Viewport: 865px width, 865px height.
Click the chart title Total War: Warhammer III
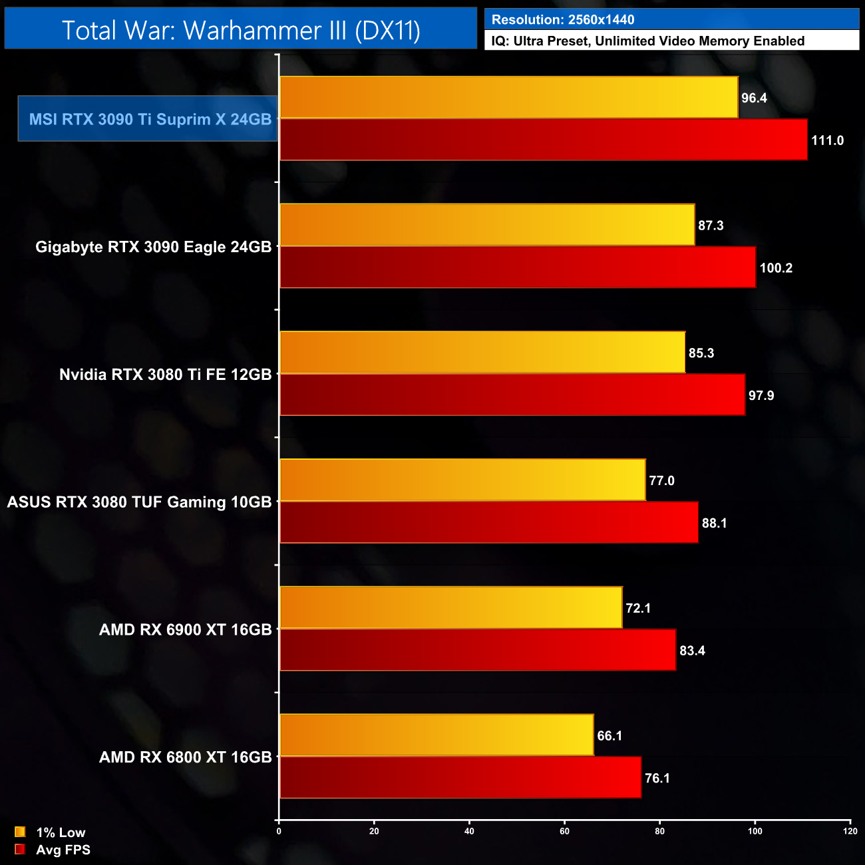click(x=241, y=30)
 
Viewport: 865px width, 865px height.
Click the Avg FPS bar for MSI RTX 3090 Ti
click(x=543, y=140)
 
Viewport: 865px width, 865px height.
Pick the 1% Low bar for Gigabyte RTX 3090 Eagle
click(x=487, y=225)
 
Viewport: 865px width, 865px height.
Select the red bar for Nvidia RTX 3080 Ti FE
click(x=512, y=395)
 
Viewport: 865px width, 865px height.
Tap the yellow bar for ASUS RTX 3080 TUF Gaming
click(x=462, y=480)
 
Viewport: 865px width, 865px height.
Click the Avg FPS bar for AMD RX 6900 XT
click(x=478, y=650)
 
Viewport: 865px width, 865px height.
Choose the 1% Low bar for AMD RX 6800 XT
click(x=436, y=735)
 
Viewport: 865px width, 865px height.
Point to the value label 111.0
click(x=827, y=140)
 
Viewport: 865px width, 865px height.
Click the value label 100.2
click(x=776, y=268)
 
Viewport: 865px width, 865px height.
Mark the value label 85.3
click(x=701, y=353)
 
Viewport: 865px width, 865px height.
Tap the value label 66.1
click(x=609, y=736)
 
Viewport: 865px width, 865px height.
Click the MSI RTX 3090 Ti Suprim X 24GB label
click(x=150, y=119)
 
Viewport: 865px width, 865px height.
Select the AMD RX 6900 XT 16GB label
click(x=185, y=629)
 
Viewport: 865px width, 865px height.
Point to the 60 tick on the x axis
click(x=564, y=831)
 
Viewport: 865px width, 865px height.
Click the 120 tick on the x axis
click(x=850, y=831)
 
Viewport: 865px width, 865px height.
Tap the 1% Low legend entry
click(x=60, y=832)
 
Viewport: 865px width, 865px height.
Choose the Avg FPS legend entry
click(x=63, y=850)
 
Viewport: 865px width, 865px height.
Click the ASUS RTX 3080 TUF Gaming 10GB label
click(x=139, y=502)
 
